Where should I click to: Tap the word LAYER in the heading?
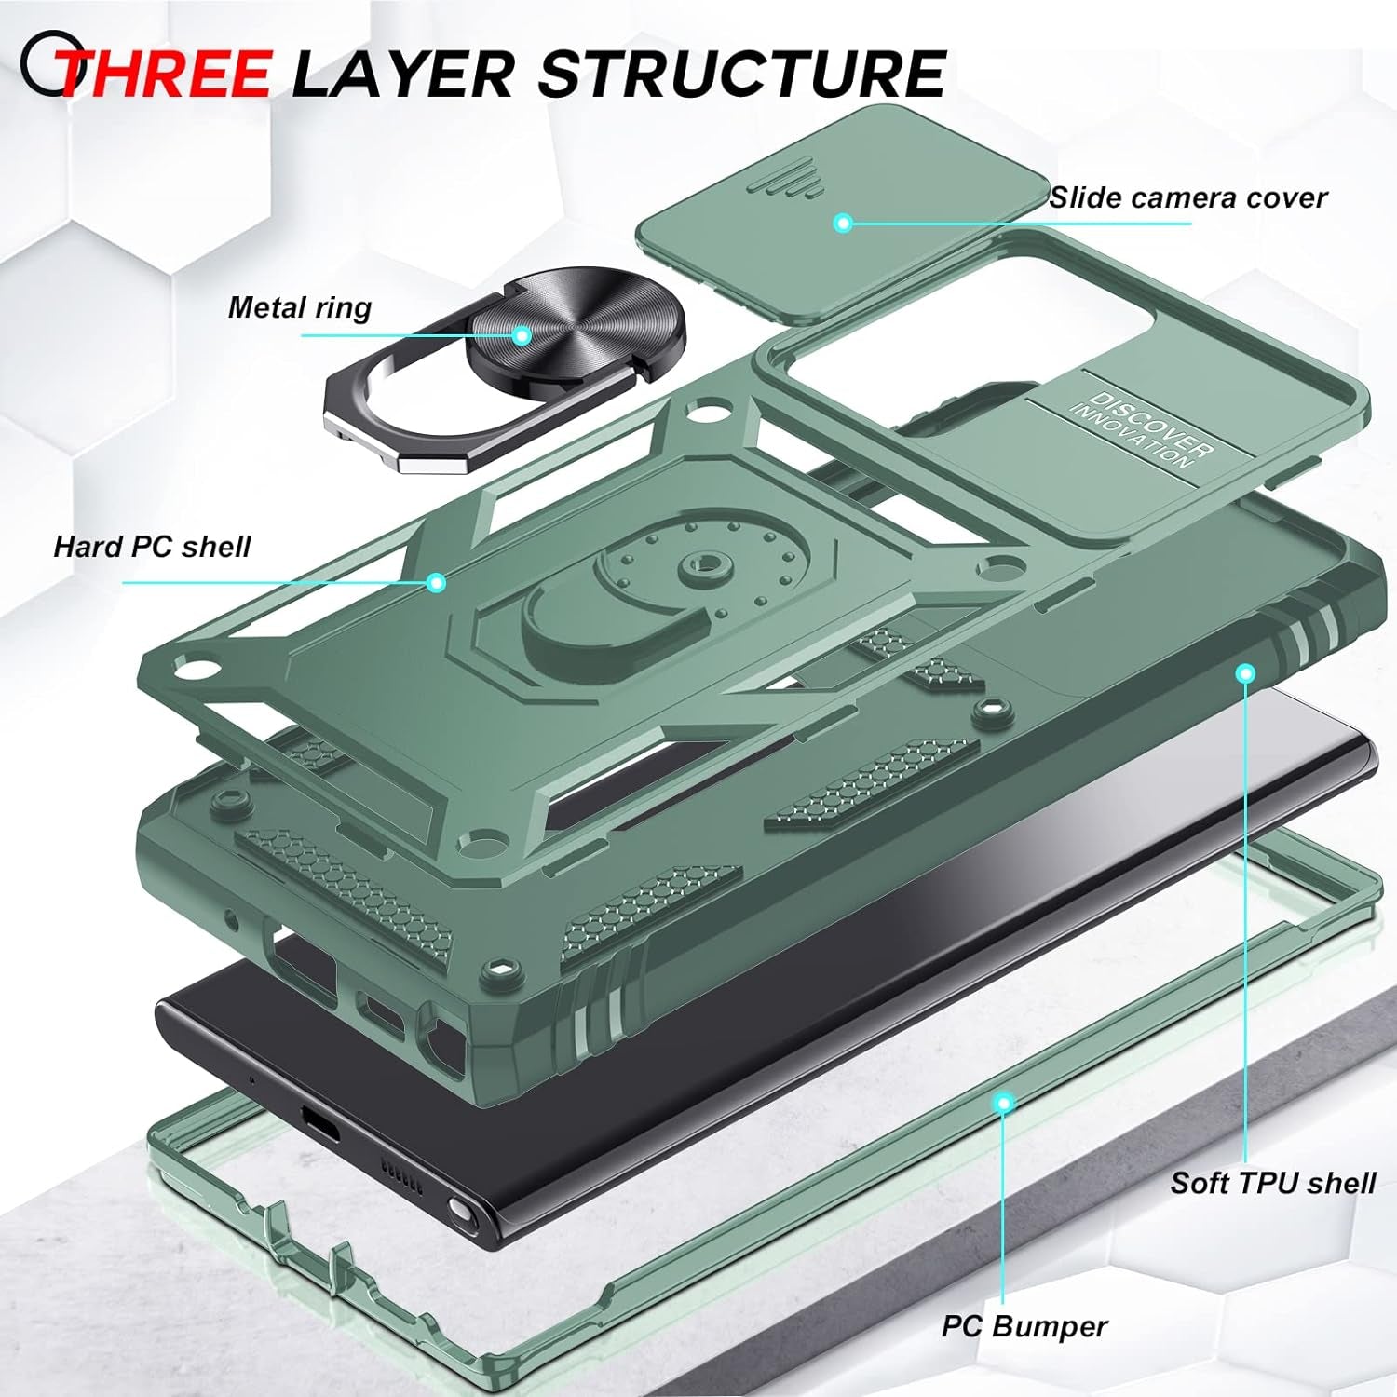click(x=402, y=74)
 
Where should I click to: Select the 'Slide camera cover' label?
click(x=1187, y=197)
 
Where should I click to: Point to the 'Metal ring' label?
click(x=300, y=307)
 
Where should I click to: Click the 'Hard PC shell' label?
click(x=152, y=546)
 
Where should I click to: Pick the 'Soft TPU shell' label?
click(x=1272, y=1183)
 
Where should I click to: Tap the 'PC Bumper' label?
click(x=1024, y=1326)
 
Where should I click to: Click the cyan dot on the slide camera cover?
click(x=843, y=223)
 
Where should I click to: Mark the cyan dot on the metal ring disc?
click(x=522, y=335)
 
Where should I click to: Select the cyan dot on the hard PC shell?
click(x=436, y=583)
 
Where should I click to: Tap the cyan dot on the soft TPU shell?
click(x=1245, y=672)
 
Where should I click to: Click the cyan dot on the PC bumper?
click(x=1003, y=1104)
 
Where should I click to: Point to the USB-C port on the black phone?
click(x=321, y=1127)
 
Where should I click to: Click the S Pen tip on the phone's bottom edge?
click(x=458, y=1212)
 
